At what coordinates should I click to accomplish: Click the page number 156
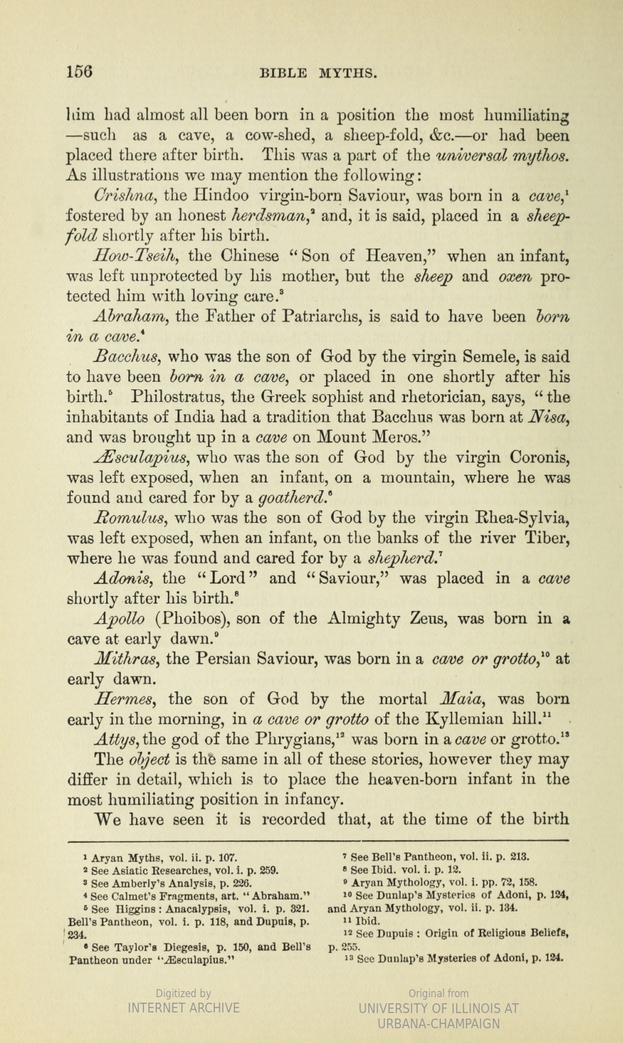click(79, 71)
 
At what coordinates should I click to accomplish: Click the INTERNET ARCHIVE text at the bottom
click(183, 1008)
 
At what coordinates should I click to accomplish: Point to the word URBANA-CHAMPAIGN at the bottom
click(439, 1023)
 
